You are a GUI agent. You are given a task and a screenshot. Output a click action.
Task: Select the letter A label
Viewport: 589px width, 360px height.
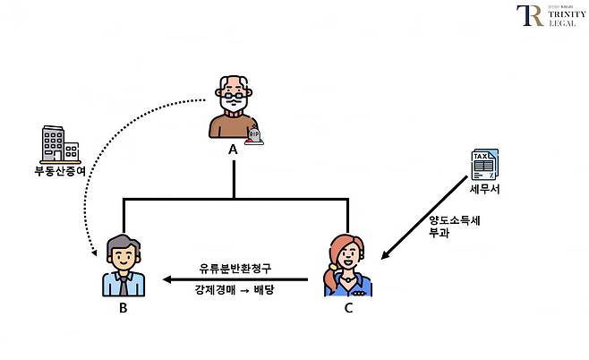(x=233, y=150)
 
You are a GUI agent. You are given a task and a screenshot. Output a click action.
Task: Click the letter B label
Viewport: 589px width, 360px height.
(x=123, y=310)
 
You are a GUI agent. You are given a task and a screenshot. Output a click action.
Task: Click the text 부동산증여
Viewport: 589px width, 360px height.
(x=59, y=169)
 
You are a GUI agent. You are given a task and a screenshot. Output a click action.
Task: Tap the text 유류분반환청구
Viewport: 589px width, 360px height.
(x=235, y=267)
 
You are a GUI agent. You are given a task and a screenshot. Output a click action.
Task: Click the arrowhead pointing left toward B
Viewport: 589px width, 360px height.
(x=166, y=279)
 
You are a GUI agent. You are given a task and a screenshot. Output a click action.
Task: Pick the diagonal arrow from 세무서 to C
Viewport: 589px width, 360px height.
(x=425, y=225)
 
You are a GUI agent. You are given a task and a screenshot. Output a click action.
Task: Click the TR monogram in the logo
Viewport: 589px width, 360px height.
(x=529, y=16)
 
